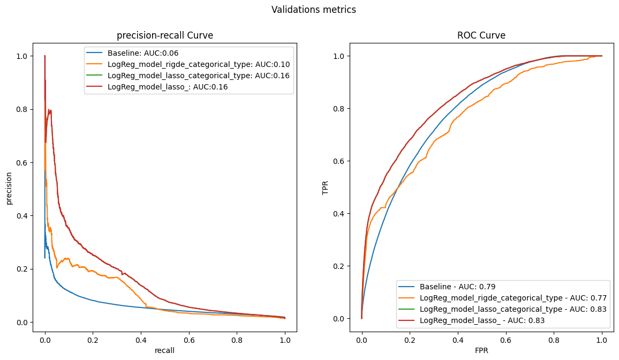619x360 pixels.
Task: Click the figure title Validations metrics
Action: [x=313, y=10]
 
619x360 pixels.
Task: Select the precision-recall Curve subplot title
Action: [x=165, y=36]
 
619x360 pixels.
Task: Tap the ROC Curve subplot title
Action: [x=481, y=36]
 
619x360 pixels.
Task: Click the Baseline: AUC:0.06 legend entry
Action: [x=143, y=53]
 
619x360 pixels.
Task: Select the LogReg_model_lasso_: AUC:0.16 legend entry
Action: [x=168, y=87]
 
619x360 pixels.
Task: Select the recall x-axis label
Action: [x=165, y=350]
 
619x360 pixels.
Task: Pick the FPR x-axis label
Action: [x=481, y=350]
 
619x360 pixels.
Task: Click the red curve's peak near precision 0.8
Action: [x=50, y=110]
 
